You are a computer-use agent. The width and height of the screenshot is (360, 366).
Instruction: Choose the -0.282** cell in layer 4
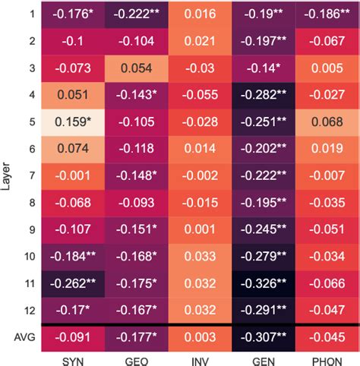coord(261,95)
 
